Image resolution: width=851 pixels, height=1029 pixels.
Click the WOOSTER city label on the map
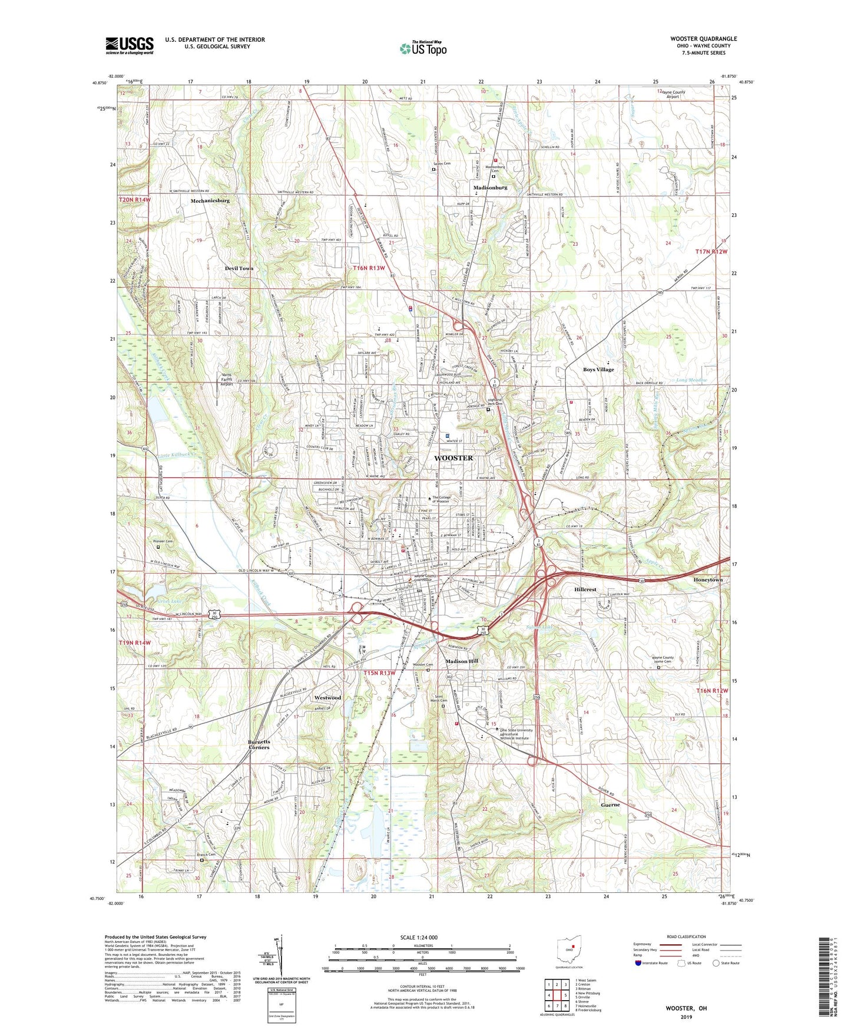point(453,458)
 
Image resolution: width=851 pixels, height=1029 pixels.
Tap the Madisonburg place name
point(490,187)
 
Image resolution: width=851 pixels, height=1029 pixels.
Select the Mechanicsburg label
point(210,200)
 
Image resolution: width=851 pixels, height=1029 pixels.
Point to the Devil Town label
point(239,268)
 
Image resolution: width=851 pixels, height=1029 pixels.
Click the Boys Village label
point(598,370)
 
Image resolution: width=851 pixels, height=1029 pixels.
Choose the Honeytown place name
point(707,580)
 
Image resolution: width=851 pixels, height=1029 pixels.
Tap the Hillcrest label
point(585,589)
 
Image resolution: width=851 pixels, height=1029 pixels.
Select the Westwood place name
point(327,698)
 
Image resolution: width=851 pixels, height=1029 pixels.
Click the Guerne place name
point(610,804)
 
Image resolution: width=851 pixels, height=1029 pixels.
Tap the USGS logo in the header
point(130,45)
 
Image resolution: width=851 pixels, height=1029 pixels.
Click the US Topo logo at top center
point(423,48)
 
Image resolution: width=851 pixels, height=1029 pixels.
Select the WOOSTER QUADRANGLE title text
point(703,39)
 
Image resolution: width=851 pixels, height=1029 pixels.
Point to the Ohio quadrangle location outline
point(569,949)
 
